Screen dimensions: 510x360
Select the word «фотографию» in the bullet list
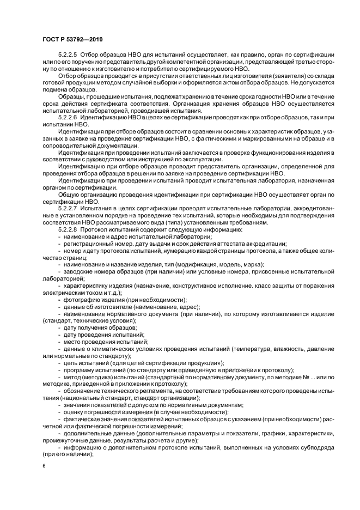(x=82, y=299)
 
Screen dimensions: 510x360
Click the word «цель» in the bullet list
(x=70, y=362)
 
